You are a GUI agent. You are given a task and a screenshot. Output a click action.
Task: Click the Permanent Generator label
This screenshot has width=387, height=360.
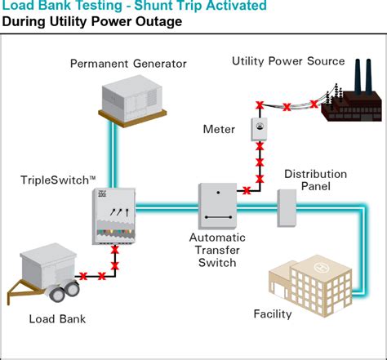pos(128,64)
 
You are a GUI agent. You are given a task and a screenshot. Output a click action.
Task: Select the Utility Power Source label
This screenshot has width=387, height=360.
pos(288,61)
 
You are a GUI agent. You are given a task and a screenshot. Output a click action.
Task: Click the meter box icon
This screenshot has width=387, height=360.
pos(259,129)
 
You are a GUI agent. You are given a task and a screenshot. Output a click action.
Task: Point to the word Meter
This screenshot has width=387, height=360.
pos(219,129)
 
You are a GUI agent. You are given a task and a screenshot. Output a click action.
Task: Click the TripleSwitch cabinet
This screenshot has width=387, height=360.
pos(113,216)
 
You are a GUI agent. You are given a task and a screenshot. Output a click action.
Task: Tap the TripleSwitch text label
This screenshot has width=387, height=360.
pos(58,180)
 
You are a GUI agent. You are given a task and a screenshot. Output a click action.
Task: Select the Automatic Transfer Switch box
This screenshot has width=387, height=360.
pos(217,206)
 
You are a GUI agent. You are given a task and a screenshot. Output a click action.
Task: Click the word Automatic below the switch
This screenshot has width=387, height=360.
pos(217,238)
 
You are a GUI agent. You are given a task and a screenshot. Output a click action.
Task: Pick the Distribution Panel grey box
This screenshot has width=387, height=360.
pos(287,208)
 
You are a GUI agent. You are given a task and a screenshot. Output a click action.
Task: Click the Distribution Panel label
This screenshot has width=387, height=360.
pos(315,180)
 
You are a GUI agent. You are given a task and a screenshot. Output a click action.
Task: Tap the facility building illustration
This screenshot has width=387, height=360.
pos(310,286)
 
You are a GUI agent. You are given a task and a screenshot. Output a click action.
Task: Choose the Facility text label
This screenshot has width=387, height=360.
pos(273,314)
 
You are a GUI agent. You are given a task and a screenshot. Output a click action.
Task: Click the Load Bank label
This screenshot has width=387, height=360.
pos(57,319)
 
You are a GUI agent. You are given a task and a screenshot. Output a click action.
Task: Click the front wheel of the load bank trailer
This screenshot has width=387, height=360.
pos(57,294)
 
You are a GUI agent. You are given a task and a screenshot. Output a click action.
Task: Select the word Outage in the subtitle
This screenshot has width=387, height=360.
pos(158,22)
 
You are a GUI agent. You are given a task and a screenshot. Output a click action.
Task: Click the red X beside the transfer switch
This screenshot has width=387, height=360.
pos(247,190)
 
